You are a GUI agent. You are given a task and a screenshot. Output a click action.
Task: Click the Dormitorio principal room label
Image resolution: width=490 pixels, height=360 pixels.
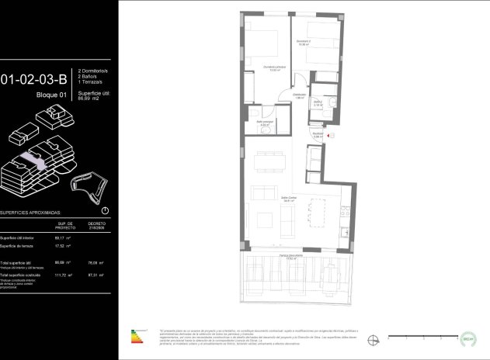[x=274, y=69]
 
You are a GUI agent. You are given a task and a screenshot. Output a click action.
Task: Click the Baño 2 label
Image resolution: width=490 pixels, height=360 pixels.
[x=318, y=104]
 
